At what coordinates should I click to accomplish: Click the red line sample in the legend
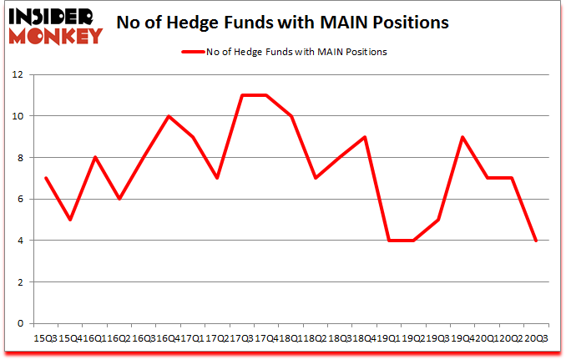pyautogui.click(x=193, y=52)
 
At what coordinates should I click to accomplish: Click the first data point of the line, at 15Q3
pyautogui.click(x=46, y=178)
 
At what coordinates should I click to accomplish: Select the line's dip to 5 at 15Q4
pyautogui.click(x=70, y=220)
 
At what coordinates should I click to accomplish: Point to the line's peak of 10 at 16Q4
pyautogui.click(x=169, y=116)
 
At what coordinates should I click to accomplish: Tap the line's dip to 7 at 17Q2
pyautogui.click(x=218, y=178)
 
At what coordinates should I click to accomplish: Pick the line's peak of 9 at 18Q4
pyautogui.click(x=365, y=137)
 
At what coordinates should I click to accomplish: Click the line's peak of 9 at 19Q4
pyautogui.click(x=462, y=137)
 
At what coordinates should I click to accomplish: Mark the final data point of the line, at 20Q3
pyautogui.click(x=536, y=241)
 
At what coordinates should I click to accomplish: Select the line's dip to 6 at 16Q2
pyautogui.click(x=119, y=199)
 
